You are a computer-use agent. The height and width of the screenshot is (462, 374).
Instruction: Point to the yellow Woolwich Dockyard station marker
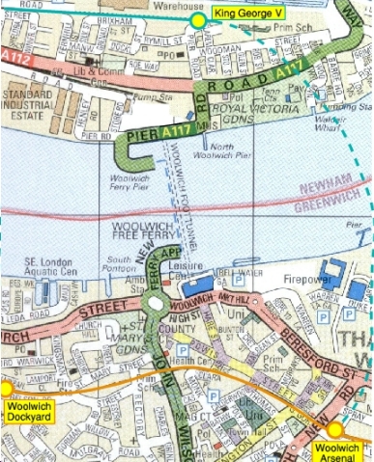click(5, 389)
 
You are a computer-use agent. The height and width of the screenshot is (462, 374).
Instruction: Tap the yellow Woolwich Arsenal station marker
click(334, 430)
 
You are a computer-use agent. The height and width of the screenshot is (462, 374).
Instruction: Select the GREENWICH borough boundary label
click(331, 205)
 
